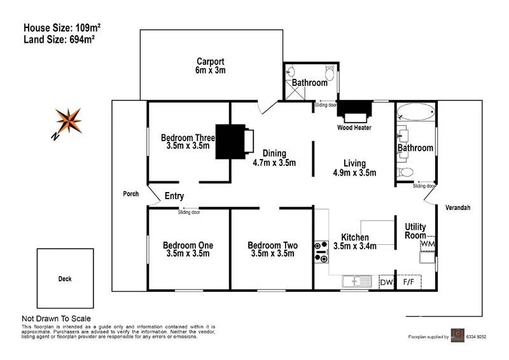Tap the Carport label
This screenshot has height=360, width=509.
pyautogui.click(x=211, y=62)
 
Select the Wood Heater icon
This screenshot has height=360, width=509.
pyautogui.click(x=354, y=112)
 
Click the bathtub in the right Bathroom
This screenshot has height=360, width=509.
pyautogui.click(x=415, y=114)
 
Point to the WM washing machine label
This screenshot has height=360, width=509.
pyautogui.click(x=428, y=244)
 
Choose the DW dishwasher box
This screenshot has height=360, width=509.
pyautogui.click(x=386, y=282)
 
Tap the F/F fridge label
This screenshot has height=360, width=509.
pyautogui.click(x=409, y=282)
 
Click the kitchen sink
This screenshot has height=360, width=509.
pyautogui.click(x=356, y=280)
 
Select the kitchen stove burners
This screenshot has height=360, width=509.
pyautogui.click(x=321, y=252)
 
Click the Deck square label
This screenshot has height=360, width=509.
pyautogui.click(x=65, y=279)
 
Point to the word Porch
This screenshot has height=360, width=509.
pyautogui.click(x=131, y=194)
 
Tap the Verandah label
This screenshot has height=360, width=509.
pyautogui.click(x=457, y=208)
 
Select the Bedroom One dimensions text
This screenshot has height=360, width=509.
pyautogui.click(x=188, y=254)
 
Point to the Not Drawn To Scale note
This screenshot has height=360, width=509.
pyautogui.click(x=57, y=319)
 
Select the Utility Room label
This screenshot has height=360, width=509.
pyautogui.click(x=415, y=232)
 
